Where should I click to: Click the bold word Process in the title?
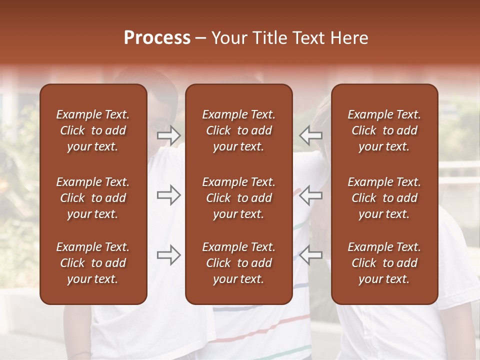click(x=157, y=38)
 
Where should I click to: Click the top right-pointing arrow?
click(x=169, y=135)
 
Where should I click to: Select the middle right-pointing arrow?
click(x=169, y=195)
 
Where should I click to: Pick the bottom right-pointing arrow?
click(x=169, y=255)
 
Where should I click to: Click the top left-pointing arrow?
click(x=311, y=135)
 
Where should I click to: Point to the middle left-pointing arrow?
click(x=311, y=195)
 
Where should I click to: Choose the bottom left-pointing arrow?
click(x=311, y=255)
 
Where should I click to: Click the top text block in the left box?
click(x=93, y=130)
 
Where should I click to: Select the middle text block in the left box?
click(x=93, y=198)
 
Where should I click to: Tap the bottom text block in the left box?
click(x=93, y=263)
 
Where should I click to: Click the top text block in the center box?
click(x=238, y=130)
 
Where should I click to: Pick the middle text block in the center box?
click(x=238, y=198)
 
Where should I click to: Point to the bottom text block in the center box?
click(x=238, y=263)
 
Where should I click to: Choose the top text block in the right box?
click(x=384, y=130)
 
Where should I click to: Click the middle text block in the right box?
click(x=384, y=198)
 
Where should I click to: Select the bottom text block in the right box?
click(x=384, y=263)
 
